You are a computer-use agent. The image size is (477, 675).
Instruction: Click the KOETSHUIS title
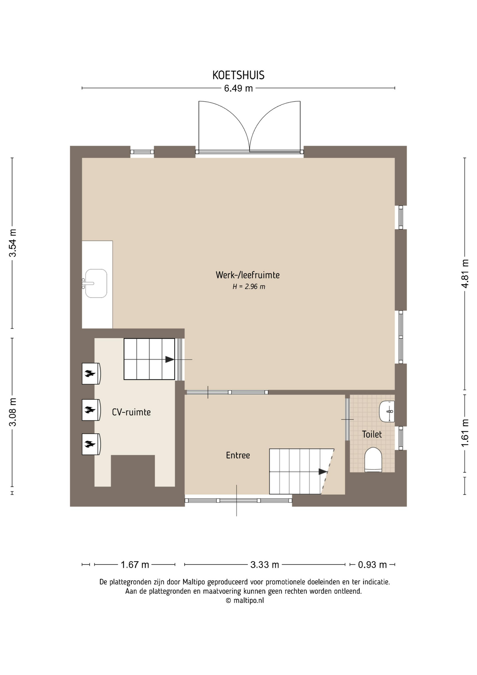pyautogui.click(x=238, y=75)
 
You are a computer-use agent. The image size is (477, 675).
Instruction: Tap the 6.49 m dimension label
pyautogui.click(x=238, y=88)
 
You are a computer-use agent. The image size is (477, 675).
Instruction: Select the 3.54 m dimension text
pyautogui.click(x=13, y=243)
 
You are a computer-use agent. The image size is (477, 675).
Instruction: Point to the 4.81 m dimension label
pyautogui.click(x=465, y=274)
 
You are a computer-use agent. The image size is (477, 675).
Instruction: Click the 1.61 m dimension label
pyautogui.click(x=465, y=433)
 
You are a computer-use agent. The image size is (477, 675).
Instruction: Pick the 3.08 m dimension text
pyautogui.click(x=13, y=412)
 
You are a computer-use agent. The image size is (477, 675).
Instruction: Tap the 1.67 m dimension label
pyautogui.click(x=135, y=565)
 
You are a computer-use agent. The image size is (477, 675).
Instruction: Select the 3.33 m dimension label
pyautogui.click(x=264, y=565)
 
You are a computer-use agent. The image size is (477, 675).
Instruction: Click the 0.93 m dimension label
pyautogui.click(x=372, y=565)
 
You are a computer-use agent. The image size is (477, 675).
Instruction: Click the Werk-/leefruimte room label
pyautogui.click(x=248, y=275)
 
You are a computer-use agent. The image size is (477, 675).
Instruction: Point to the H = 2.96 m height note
pyautogui.click(x=249, y=287)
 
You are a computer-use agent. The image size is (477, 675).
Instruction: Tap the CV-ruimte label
pyautogui.click(x=131, y=412)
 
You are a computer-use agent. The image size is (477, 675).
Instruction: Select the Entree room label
pyautogui.click(x=238, y=455)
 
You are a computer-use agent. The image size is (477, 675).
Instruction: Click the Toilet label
pyautogui.click(x=372, y=434)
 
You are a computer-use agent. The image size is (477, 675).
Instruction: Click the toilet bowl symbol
pyautogui.click(x=373, y=459)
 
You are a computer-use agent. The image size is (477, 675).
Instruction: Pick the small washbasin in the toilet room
pyautogui.click(x=387, y=411)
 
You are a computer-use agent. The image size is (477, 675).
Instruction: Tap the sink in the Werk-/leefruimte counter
pyautogui.click(x=96, y=283)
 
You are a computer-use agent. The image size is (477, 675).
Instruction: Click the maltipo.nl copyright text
pyautogui.click(x=244, y=600)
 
